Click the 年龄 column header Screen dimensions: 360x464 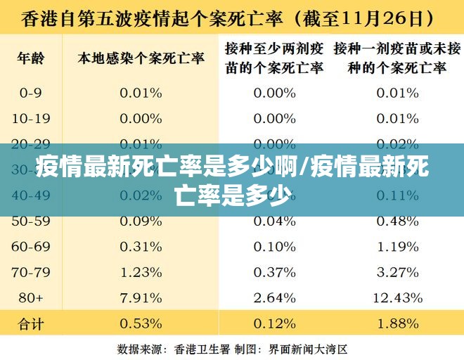[x=31, y=58]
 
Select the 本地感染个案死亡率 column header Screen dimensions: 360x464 [x=141, y=58]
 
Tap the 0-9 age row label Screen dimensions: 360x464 [x=31, y=93]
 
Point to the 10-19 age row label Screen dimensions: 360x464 [x=31, y=118]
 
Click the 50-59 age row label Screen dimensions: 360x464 [x=31, y=221]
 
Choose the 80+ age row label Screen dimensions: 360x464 [x=31, y=297]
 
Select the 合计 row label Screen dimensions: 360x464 [x=31, y=324]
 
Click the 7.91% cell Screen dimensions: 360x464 [x=141, y=297]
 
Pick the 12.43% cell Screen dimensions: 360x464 [x=397, y=297]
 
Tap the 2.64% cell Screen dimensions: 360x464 [x=274, y=297]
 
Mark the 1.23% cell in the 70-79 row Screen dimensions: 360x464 [x=141, y=272]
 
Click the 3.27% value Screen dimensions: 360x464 [x=397, y=272]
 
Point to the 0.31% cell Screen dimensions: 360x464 [x=141, y=247]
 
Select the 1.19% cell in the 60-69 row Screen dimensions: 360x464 [x=397, y=247]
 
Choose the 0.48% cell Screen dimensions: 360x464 [x=397, y=221]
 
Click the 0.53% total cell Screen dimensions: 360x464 [x=141, y=324]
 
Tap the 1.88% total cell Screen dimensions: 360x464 [x=397, y=324]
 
